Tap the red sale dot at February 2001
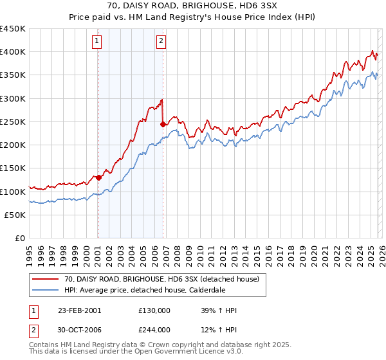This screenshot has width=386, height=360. (98, 177)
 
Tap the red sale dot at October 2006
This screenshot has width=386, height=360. (163, 124)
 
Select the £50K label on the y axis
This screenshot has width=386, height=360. (15, 215)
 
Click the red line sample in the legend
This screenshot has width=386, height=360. (46, 279)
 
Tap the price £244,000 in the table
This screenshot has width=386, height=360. (154, 330)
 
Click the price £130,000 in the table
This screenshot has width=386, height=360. (154, 310)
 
